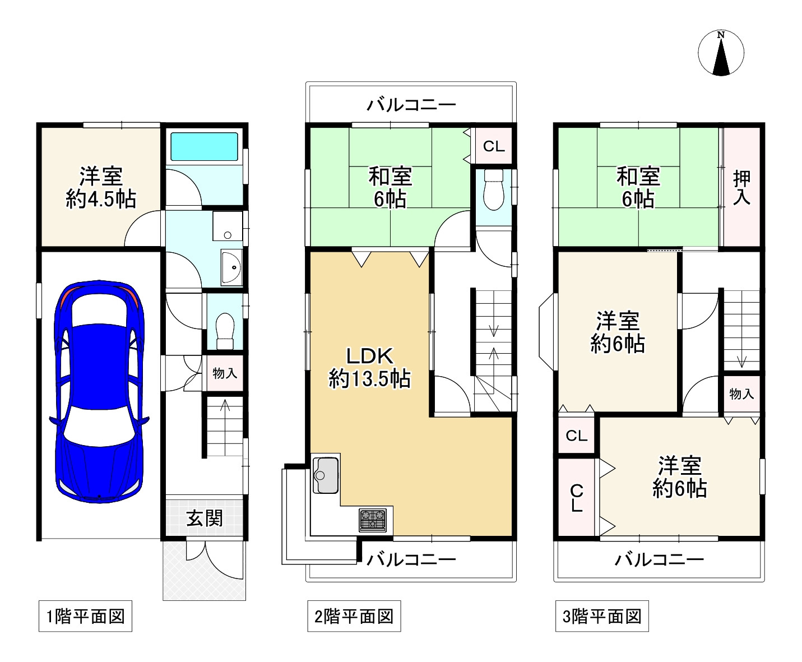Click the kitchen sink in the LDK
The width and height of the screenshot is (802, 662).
[x=324, y=474]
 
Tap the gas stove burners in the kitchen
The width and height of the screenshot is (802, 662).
[x=373, y=519]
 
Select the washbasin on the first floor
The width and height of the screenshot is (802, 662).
[x=231, y=267]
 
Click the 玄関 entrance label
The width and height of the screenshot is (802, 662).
[x=205, y=519]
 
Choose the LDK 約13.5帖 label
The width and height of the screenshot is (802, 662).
[x=369, y=368]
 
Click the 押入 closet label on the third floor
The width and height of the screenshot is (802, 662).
[x=741, y=188]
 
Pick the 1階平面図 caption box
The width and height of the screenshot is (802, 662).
[x=85, y=617]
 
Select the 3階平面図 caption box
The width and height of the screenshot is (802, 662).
[x=602, y=617]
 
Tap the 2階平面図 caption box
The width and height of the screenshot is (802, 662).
[x=354, y=617]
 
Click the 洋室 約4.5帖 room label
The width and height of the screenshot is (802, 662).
[x=101, y=188]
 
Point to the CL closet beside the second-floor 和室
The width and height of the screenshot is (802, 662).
[x=494, y=146]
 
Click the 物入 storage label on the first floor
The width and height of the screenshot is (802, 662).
[x=225, y=373]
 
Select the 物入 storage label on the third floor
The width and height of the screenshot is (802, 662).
[x=741, y=394]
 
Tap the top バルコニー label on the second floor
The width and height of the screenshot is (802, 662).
[x=411, y=105]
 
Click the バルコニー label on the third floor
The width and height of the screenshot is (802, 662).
[x=659, y=559]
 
